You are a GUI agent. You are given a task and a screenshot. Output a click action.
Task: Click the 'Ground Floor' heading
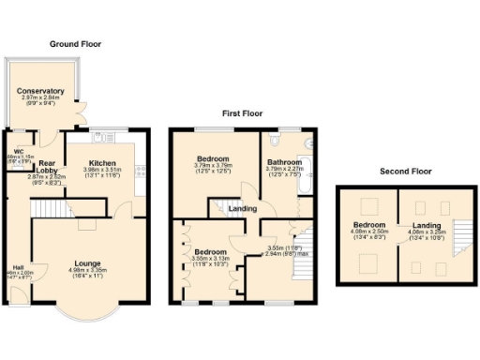coord(75,44)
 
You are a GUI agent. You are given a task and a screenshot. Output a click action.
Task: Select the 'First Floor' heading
coord(241,112)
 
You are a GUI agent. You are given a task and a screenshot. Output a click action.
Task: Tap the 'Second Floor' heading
coord(406,172)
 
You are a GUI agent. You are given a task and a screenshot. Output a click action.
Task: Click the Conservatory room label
coord(39,91)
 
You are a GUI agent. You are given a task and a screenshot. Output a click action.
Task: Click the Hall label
coord(18,266)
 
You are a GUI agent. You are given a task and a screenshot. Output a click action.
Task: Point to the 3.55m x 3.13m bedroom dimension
coord(210,260)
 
